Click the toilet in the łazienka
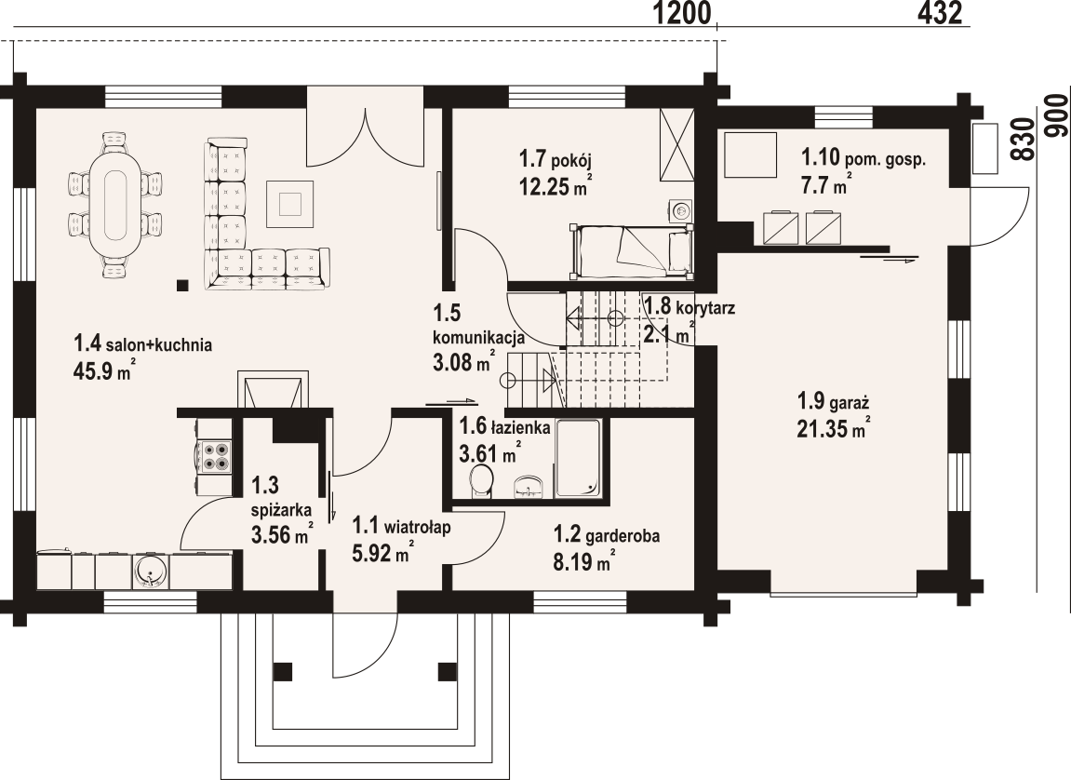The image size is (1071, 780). pyautogui.click(x=482, y=479)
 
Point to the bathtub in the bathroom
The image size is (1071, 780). pyautogui.click(x=578, y=458)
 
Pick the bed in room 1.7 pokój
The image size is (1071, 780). pyautogui.click(x=632, y=250)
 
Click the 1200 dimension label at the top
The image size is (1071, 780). pyautogui.click(x=682, y=14)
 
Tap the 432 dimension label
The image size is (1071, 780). pyautogui.click(x=940, y=14)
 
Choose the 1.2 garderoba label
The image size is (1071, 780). pyautogui.click(x=606, y=535)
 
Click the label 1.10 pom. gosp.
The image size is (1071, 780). pyautogui.click(x=863, y=159)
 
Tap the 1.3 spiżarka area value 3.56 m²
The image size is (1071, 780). pyautogui.click(x=282, y=532)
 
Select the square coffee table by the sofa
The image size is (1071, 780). pyautogui.click(x=291, y=204)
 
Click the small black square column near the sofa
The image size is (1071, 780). pyautogui.click(x=182, y=286)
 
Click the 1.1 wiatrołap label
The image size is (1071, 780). pyautogui.click(x=401, y=527)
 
